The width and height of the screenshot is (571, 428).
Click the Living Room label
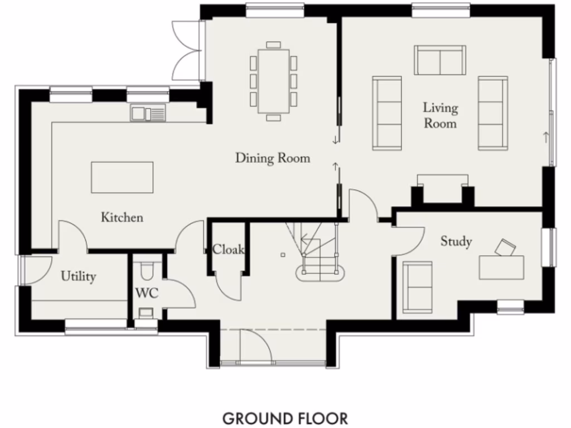440,115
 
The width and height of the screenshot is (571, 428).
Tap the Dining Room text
272,158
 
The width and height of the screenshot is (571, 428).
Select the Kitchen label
122,217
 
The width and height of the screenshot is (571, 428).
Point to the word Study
456,241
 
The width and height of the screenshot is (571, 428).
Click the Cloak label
228,250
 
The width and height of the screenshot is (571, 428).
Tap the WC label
147,293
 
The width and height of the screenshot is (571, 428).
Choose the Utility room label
78,276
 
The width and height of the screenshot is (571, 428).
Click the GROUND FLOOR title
285,418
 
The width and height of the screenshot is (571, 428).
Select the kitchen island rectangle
122,177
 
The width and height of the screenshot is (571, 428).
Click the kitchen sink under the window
148,114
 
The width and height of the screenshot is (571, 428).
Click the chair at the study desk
505,247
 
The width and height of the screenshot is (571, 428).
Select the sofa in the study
417,286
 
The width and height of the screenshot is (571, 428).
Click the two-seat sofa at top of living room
439,60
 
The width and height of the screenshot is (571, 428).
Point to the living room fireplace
443,189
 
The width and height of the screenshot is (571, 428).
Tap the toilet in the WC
147,271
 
